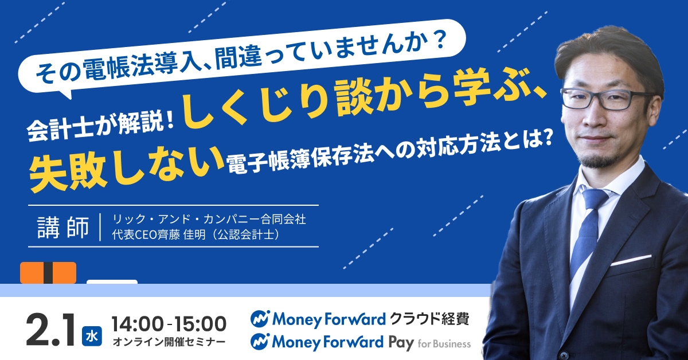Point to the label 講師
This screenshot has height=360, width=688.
[63, 227]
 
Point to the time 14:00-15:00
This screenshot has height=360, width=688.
[169, 323]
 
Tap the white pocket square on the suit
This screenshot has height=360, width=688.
[630, 260]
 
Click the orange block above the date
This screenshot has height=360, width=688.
[48, 272]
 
